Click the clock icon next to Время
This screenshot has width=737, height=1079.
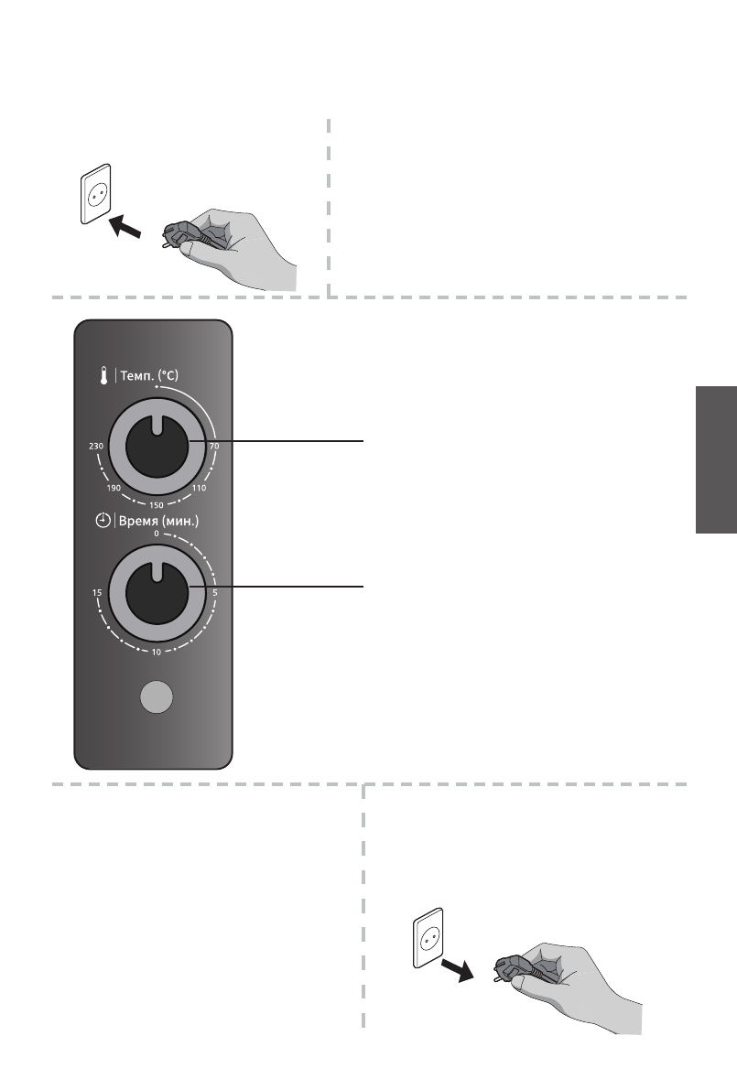103,521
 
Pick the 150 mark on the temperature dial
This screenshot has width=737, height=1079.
157,504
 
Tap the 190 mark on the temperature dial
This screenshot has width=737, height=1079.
114,489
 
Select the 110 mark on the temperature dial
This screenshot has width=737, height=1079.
201,489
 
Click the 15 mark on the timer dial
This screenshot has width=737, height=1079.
95,594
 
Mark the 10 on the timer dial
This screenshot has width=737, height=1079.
157,653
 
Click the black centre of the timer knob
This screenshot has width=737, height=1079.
157,594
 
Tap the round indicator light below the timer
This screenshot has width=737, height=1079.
157,697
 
